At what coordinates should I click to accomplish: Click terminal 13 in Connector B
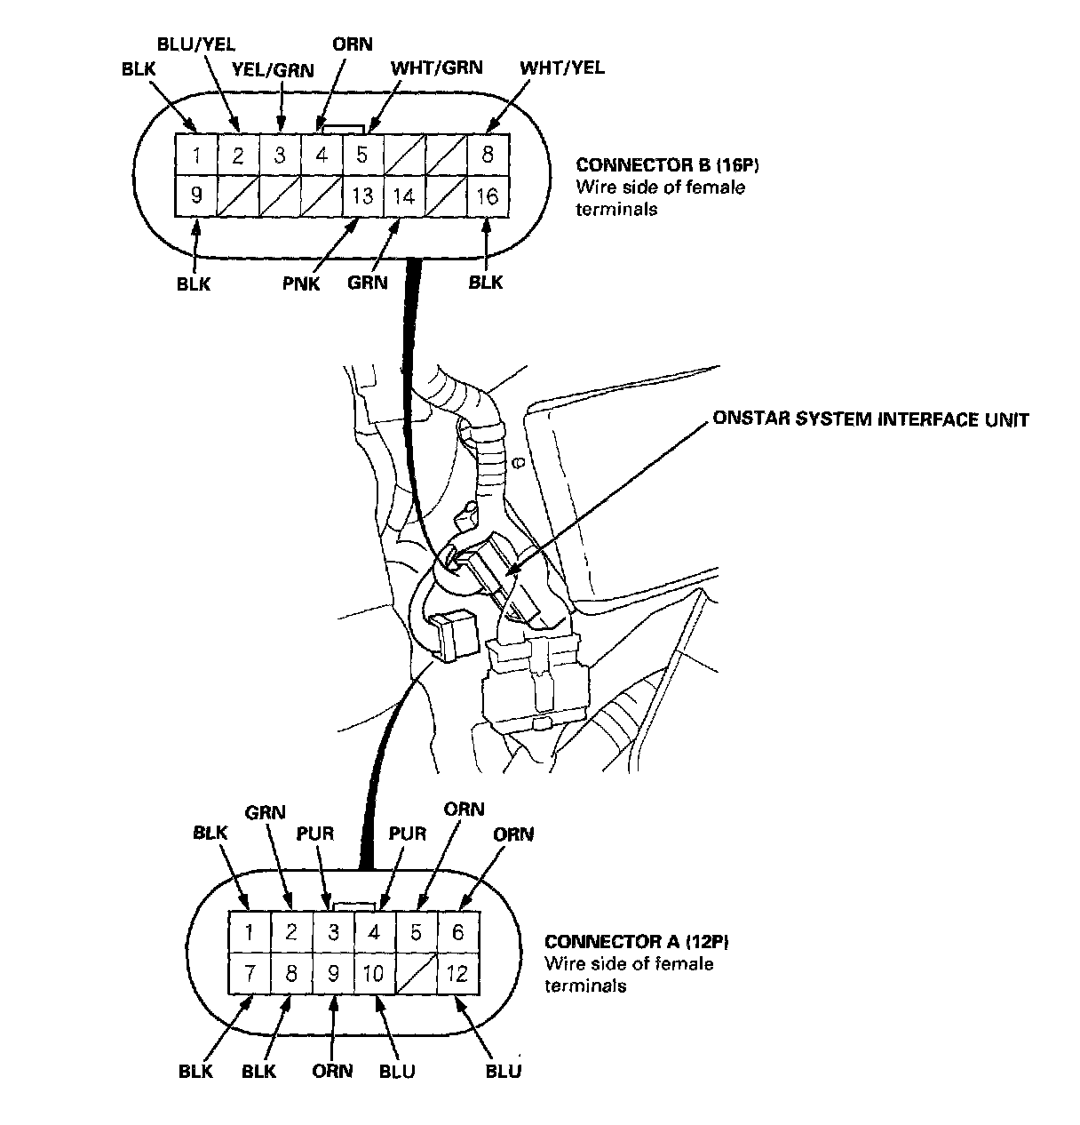click(362, 195)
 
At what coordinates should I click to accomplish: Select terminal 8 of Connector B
click(488, 155)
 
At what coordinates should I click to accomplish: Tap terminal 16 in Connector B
click(488, 195)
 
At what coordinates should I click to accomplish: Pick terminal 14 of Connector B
click(404, 195)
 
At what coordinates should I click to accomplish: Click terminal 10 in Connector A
click(374, 973)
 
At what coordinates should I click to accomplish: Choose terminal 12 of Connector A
click(457, 973)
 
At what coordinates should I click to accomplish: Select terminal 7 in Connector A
click(250, 973)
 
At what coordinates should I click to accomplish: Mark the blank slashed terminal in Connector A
click(416, 973)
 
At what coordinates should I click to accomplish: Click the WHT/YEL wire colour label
click(562, 68)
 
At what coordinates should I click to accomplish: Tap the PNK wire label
click(302, 284)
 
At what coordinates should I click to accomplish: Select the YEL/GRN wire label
click(273, 69)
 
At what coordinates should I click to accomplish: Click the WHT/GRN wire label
click(437, 68)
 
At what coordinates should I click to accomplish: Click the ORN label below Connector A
click(332, 1071)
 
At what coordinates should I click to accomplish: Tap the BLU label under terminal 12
click(503, 1071)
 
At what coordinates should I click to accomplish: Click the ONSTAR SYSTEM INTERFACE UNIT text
click(870, 419)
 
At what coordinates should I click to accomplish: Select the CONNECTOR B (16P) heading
click(656, 165)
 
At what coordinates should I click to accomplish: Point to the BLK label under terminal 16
click(485, 283)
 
